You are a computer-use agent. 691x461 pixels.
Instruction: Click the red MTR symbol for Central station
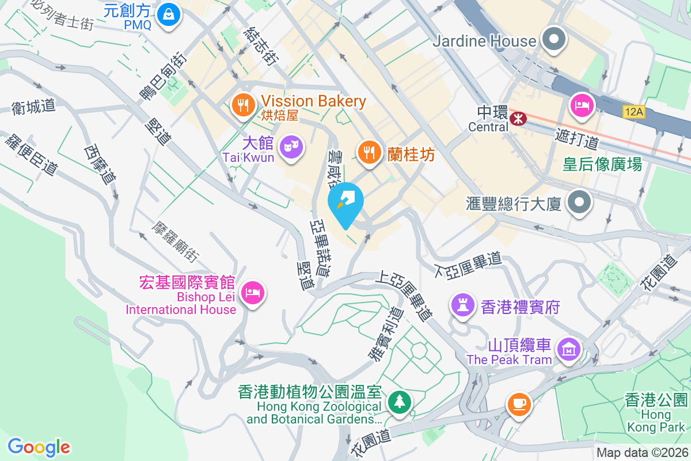(x=518, y=118)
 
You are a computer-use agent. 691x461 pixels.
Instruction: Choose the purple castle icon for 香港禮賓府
(x=462, y=303)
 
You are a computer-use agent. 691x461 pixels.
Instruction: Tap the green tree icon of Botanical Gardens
(x=398, y=401)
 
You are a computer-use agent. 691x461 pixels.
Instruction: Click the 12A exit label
(x=633, y=112)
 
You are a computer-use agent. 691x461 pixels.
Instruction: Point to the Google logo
(x=39, y=447)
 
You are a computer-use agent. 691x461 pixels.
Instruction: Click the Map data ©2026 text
(x=641, y=453)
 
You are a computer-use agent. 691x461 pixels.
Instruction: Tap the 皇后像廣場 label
(x=602, y=165)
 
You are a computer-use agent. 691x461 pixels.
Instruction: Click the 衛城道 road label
(x=33, y=107)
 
